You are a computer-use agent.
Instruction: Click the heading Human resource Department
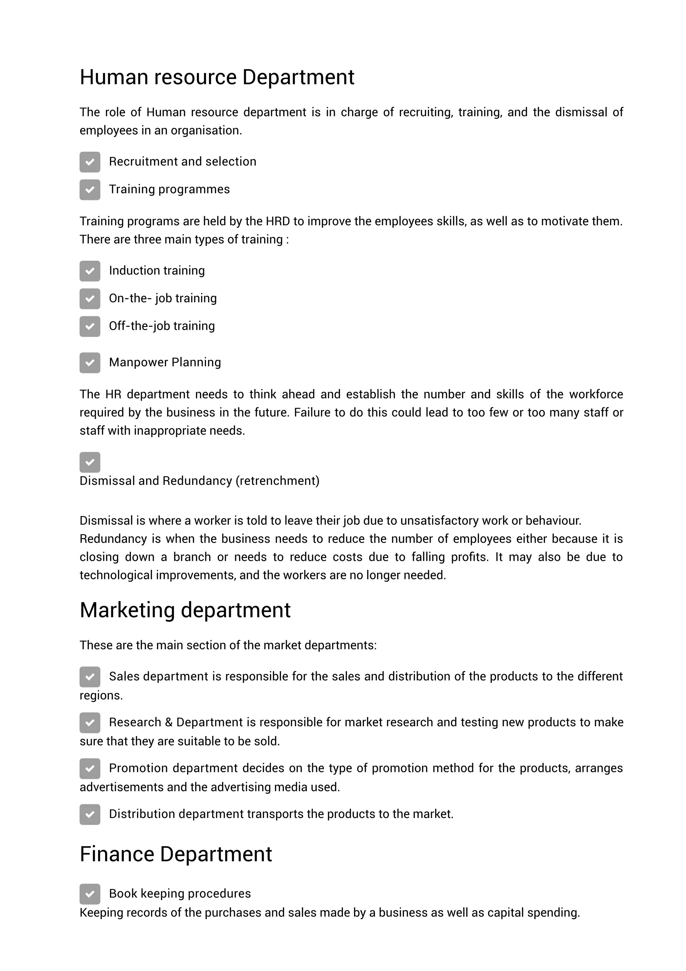[x=217, y=77]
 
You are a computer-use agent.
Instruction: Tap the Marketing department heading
[x=185, y=610]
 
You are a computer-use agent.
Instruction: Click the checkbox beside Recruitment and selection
[x=90, y=162]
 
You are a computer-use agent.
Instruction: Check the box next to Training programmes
[x=90, y=189]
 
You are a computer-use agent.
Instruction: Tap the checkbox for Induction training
[x=90, y=271]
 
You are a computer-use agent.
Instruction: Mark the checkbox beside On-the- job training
[x=90, y=299]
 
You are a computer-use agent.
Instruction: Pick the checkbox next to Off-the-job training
[x=90, y=326]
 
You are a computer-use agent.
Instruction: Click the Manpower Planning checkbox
[x=90, y=363]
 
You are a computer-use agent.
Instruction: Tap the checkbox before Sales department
[x=90, y=677]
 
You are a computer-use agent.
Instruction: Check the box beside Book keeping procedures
[x=90, y=894]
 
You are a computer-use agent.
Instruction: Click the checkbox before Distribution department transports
[x=90, y=814]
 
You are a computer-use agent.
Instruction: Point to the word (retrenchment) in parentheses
[x=277, y=481]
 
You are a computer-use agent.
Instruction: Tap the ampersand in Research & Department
[x=168, y=722]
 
